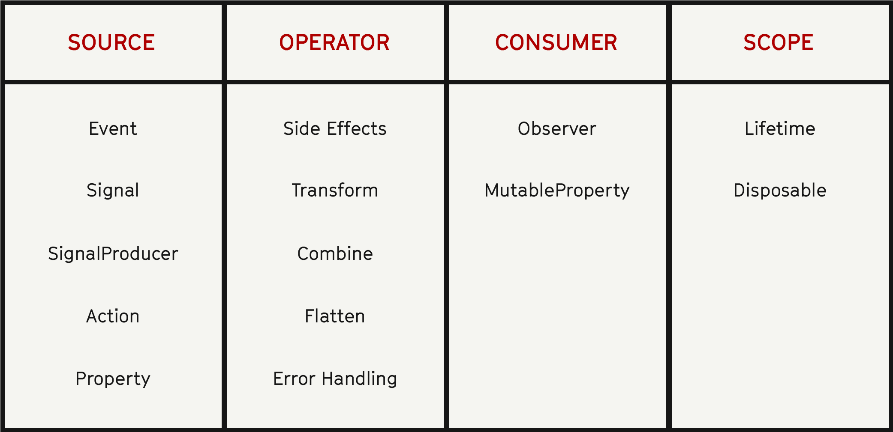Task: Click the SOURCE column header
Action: (111, 43)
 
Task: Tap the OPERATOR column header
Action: (334, 43)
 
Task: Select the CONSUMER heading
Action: (556, 43)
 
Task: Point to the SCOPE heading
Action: (778, 43)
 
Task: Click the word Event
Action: (113, 128)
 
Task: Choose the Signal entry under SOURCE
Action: (113, 191)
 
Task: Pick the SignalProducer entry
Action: (113, 253)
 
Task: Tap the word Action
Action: (113, 316)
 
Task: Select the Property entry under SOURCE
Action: (113, 379)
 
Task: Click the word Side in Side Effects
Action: (302, 128)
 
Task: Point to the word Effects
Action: (357, 128)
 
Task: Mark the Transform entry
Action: (335, 191)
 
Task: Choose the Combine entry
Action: (335, 253)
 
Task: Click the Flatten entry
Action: (335, 316)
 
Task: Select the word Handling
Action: (360, 379)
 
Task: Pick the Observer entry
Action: (557, 128)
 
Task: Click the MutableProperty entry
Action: (557, 191)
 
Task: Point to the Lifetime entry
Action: (780, 128)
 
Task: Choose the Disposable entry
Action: (780, 191)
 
